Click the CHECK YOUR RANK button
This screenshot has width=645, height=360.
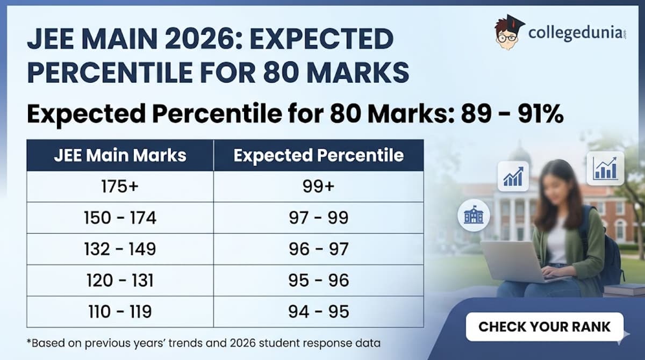(544, 326)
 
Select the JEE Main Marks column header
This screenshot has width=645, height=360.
(120, 155)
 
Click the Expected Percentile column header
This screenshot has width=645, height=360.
(318, 155)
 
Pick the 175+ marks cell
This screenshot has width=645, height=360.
(120, 186)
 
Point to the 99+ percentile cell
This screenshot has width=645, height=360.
(318, 186)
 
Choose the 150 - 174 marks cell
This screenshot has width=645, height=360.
(120, 218)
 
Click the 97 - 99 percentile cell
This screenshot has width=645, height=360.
(318, 218)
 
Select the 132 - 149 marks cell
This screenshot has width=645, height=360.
(120, 249)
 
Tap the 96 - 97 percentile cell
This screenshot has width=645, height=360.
(318, 249)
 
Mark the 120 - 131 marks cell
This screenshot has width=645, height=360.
(120, 280)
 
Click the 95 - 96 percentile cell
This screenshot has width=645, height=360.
(318, 280)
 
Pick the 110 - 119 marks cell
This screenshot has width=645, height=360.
(120, 311)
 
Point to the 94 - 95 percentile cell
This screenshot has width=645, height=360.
(318, 311)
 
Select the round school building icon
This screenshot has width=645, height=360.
(474, 215)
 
